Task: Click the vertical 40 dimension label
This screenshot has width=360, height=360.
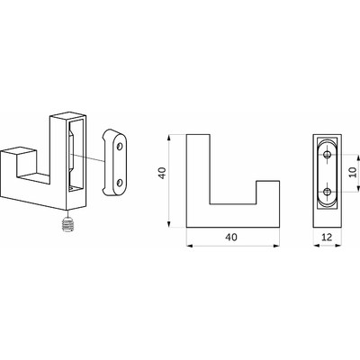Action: [x=162, y=173]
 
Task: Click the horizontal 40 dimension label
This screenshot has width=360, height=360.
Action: [x=231, y=238]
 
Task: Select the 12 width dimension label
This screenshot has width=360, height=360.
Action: [x=327, y=238]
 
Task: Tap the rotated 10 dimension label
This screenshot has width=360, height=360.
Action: [x=353, y=172]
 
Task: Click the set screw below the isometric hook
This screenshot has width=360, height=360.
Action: [x=68, y=225]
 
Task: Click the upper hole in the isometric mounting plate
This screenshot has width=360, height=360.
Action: [x=120, y=147]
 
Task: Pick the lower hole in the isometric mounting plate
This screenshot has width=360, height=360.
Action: [x=120, y=182]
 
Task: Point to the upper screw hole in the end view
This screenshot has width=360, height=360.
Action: [x=328, y=155]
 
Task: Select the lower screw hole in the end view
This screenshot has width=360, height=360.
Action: [x=328, y=191]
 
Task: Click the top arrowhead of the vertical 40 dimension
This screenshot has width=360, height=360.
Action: [x=169, y=138]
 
